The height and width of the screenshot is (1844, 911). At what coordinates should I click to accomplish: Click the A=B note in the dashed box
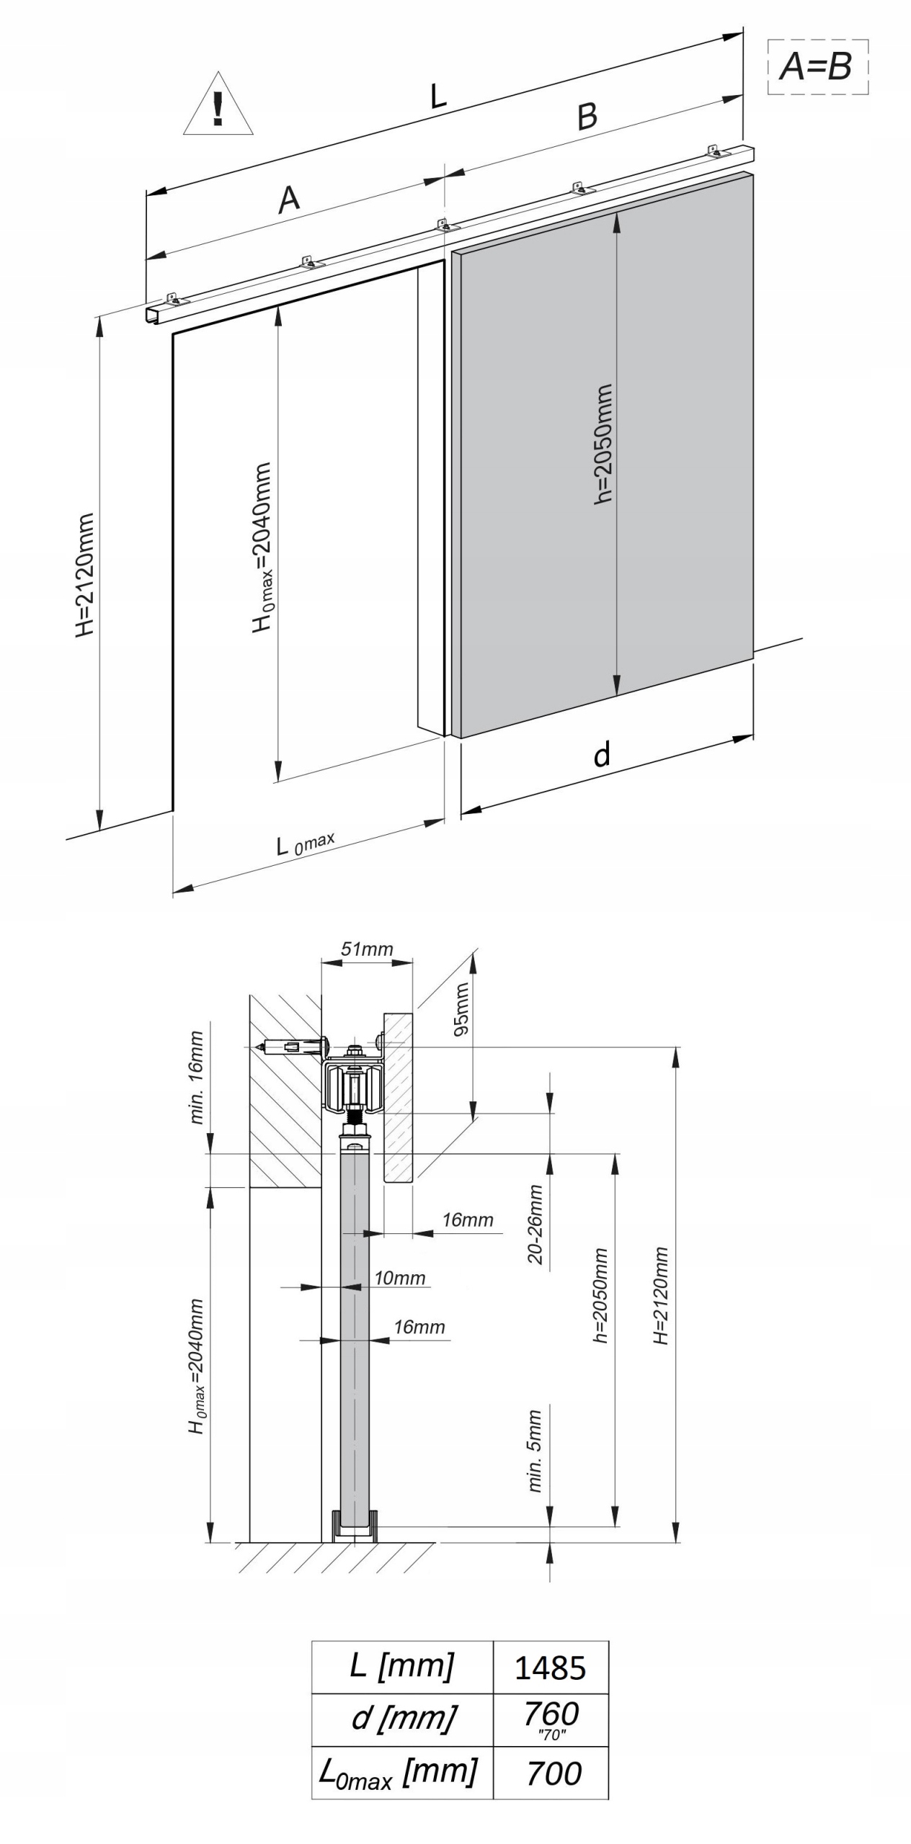click(x=817, y=67)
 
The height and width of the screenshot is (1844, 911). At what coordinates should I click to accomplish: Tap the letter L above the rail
click(x=437, y=96)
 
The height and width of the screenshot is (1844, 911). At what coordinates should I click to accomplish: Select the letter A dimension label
click(x=289, y=199)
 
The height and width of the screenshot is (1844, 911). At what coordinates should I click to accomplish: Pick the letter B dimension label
click(x=587, y=116)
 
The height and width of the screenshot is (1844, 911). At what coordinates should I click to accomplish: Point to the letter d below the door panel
click(x=602, y=754)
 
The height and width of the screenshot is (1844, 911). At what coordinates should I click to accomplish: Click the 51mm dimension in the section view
click(x=367, y=949)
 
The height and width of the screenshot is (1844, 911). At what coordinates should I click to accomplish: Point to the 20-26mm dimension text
click(x=534, y=1225)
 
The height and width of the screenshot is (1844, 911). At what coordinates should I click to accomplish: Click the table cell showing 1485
click(x=551, y=1668)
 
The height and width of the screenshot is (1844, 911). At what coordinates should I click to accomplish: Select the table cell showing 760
click(x=551, y=1719)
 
